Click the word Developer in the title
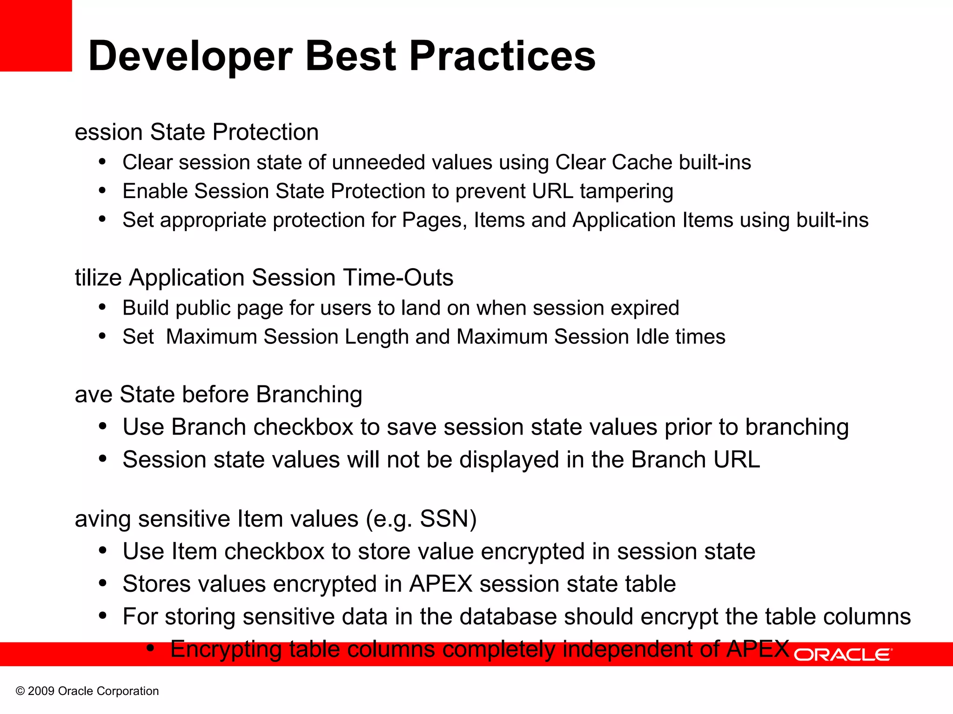pyautogui.click(x=190, y=57)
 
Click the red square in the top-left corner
pyautogui.click(x=36, y=35)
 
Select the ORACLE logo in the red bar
pyautogui.click(x=843, y=654)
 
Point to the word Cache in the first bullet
pyautogui.click(x=642, y=163)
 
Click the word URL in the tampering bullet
pyautogui.click(x=553, y=192)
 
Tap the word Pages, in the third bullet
pyautogui.click(x=434, y=220)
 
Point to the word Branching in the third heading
pyautogui.click(x=309, y=395)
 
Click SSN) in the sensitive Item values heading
pyautogui.click(x=448, y=519)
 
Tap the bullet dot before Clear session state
pyautogui.click(x=102, y=162)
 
